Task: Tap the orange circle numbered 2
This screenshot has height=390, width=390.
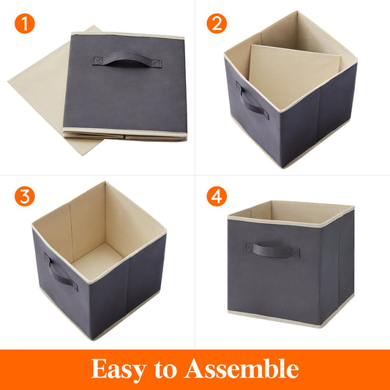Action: pyautogui.click(x=216, y=23)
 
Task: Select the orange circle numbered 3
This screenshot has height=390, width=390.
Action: pyautogui.click(x=25, y=197)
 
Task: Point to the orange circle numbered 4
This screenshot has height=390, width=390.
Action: pyautogui.click(x=216, y=197)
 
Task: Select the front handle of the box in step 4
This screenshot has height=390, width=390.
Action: pyautogui.click(x=271, y=250)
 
